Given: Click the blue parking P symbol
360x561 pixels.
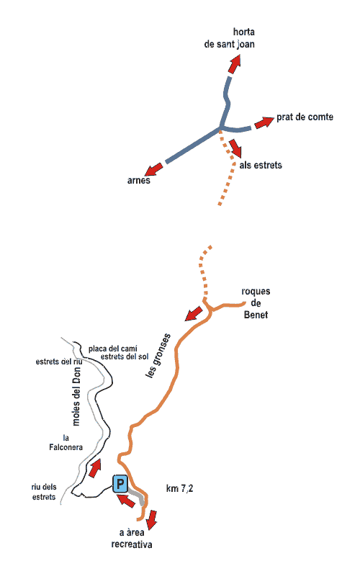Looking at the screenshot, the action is click(120, 484).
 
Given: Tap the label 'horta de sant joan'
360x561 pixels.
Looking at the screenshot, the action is click(230, 38).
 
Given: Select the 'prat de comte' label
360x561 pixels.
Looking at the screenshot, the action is click(305, 117).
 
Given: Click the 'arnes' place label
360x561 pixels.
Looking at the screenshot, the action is click(139, 180).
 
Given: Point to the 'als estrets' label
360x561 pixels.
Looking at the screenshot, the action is click(261, 165).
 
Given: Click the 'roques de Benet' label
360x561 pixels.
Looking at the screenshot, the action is click(256, 303).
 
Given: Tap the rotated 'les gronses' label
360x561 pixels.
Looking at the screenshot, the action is click(158, 356).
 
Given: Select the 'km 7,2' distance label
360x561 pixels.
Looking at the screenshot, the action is click(180, 488).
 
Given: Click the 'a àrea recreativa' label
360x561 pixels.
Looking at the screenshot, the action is click(131, 539).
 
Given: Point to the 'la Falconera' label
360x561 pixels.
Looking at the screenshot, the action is click(66, 443).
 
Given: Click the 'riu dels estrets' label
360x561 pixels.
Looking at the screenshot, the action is click(44, 492).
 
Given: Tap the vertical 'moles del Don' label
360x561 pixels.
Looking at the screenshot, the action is click(76, 396).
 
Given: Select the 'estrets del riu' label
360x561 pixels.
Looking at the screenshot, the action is click(59, 362).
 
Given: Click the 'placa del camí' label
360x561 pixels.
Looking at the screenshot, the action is click(113, 349).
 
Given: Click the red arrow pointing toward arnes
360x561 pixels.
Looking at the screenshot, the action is click(155, 169).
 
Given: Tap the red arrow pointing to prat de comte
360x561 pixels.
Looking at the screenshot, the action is click(264, 122).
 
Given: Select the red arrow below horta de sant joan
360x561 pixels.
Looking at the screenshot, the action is click(235, 63).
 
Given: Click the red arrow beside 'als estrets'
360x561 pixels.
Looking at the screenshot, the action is click(235, 148).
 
